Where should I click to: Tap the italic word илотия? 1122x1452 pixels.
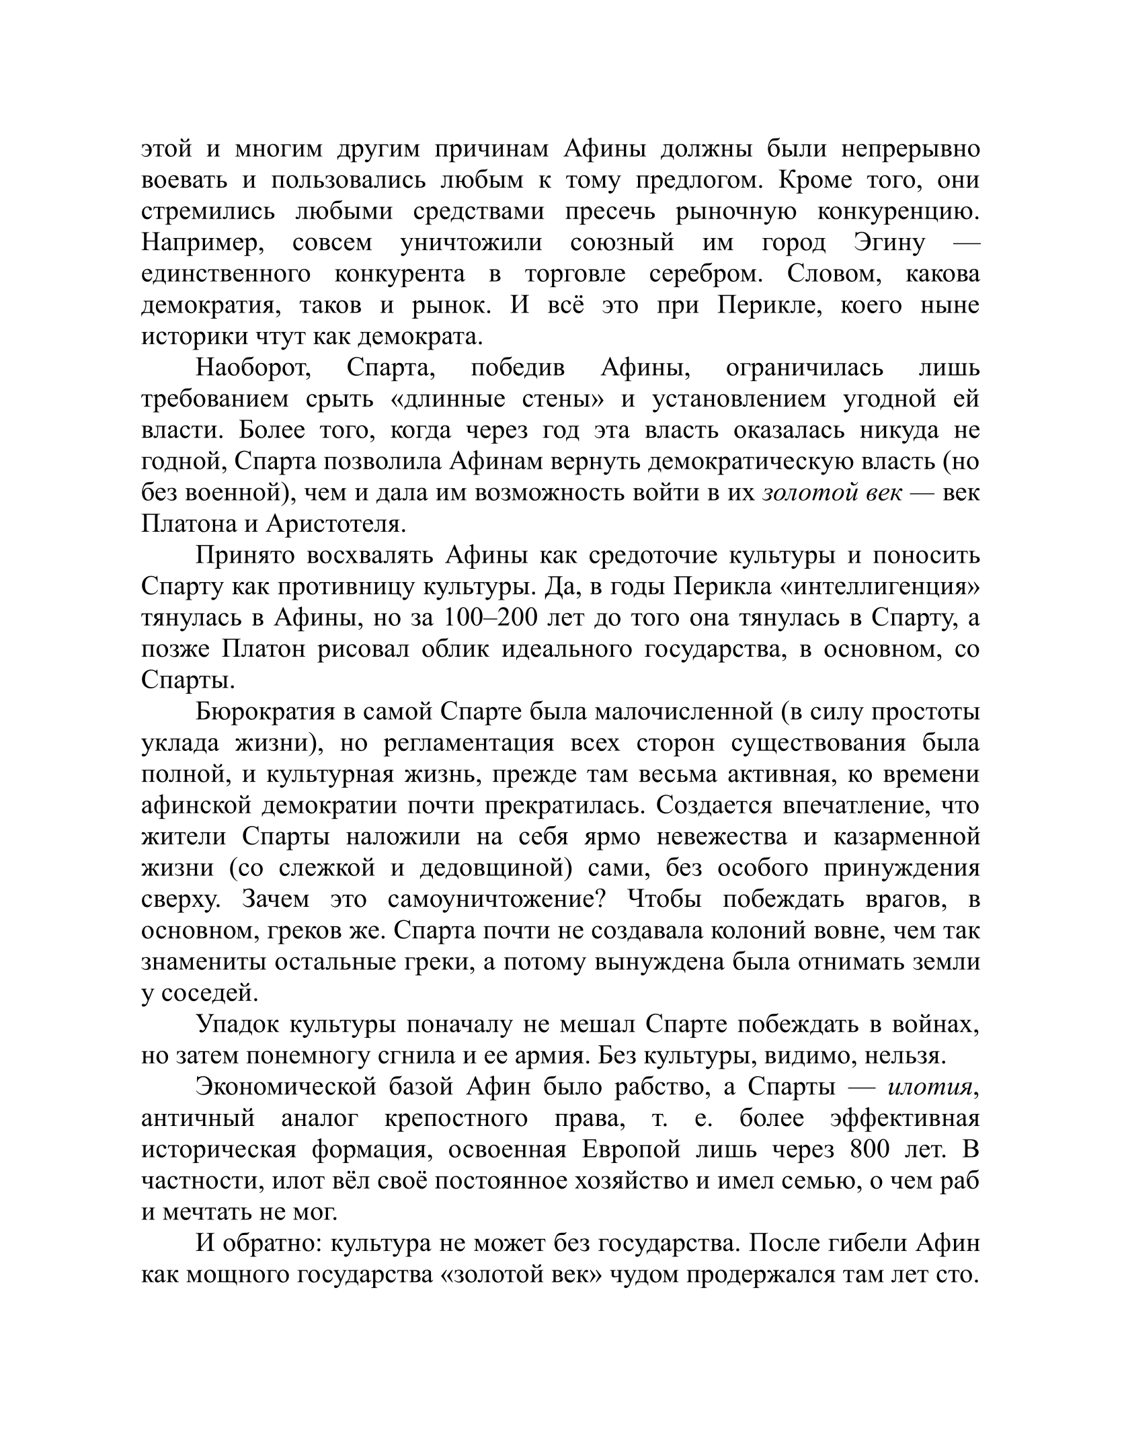[930, 1088]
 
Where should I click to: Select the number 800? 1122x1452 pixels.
[870, 1150]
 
